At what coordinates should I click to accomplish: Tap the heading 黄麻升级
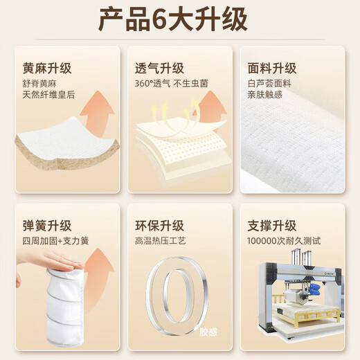[47, 69]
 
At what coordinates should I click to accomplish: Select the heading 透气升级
[160, 69]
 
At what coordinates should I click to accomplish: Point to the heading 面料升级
[272, 69]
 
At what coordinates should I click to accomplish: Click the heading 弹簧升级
[47, 226]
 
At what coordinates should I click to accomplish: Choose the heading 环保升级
[160, 226]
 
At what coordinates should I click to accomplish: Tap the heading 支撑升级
[272, 226]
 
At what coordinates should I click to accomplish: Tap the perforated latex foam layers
[179, 152]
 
